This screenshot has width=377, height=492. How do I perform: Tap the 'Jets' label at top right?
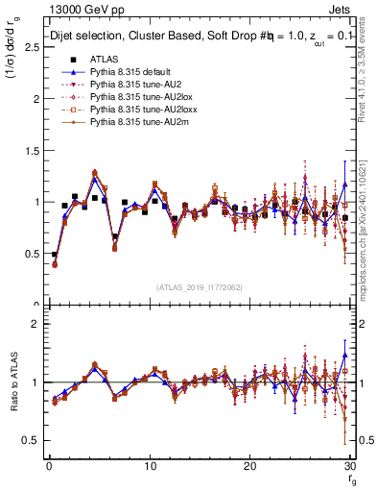click(342, 9)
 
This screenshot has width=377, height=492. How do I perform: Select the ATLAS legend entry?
click(100, 59)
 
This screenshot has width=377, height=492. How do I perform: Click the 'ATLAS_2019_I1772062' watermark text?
click(199, 287)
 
